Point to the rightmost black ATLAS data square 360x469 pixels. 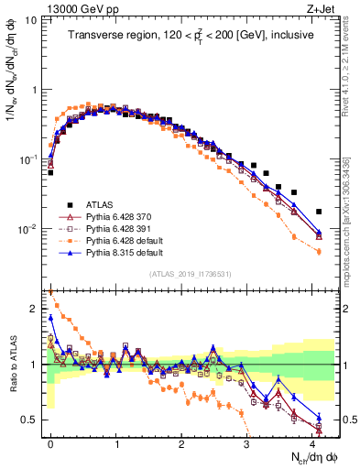(x=319, y=212)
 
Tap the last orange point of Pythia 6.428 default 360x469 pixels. (x=319, y=252)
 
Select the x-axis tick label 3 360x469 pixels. (x=247, y=442)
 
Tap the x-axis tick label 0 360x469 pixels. (x=50, y=442)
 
